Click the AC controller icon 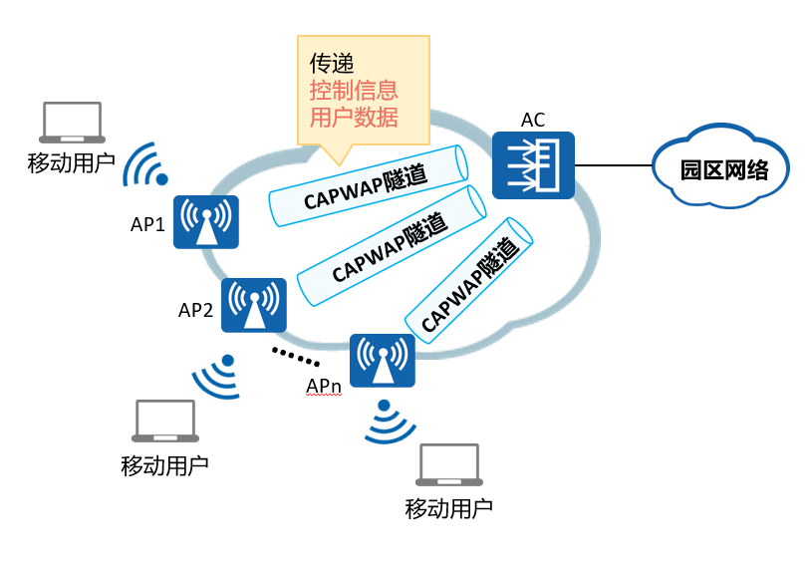(x=533, y=165)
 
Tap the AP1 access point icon (x=206, y=222)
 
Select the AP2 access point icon (x=254, y=305)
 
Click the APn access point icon (x=383, y=361)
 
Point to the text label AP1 (x=147, y=224)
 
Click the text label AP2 (x=195, y=310)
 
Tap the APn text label (x=323, y=386)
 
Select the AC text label (x=533, y=120)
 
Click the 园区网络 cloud (x=721, y=165)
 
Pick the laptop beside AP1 (x=72, y=123)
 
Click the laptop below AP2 (x=165, y=422)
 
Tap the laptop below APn (x=449, y=465)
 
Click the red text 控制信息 (x=354, y=91)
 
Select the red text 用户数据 (x=354, y=117)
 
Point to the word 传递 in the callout (x=332, y=64)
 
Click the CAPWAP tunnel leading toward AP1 (x=369, y=185)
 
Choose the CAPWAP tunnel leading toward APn (x=468, y=280)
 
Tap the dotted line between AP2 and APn (x=295, y=357)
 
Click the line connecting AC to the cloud (x=614, y=165)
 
